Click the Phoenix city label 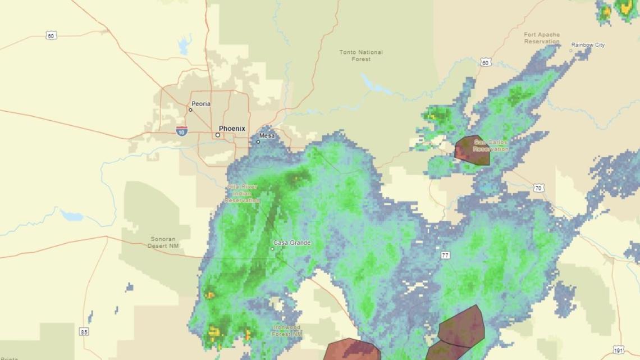coord(232,129)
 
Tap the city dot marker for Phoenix coord(218,135)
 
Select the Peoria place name coord(200,104)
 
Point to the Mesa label coord(267,136)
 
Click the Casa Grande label coord(291,243)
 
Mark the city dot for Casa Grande coord(273,248)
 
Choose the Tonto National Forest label coord(361,56)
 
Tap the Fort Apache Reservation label coord(542,38)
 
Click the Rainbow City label coord(588,45)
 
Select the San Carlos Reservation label coord(491,145)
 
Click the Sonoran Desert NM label coord(163,242)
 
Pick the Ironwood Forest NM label coord(287,330)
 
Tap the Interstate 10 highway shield coord(181,131)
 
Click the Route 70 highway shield coord(538,188)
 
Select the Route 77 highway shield coord(445,255)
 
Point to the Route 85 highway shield coord(84,332)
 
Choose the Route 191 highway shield coord(618,349)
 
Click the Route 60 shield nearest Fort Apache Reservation coord(486,62)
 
